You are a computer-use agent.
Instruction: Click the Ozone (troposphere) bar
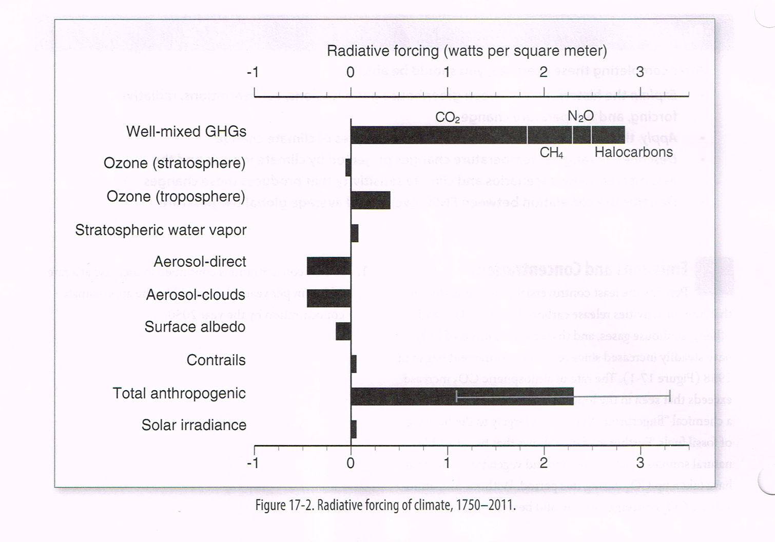[370, 200]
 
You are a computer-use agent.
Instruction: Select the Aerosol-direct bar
[328, 266]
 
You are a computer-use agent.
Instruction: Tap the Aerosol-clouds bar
[328, 298]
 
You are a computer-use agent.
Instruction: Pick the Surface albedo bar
[343, 331]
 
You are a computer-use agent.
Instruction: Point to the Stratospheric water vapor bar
[354, 233]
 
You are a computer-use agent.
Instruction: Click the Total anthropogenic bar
[462, 396]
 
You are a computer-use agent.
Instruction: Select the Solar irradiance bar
[354, 429]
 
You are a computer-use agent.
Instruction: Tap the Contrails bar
[354, 364]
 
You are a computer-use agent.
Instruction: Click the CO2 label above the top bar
[447, 118]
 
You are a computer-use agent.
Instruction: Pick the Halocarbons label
[633, 152]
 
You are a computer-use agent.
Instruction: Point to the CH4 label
[551, 153]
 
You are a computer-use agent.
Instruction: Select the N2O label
[580, 117]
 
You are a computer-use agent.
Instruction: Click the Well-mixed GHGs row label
[186, 131]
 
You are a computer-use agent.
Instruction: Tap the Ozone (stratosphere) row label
[175, 163]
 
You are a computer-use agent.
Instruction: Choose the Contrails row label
[216, 360]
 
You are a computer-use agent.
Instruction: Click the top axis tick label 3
[640, 72]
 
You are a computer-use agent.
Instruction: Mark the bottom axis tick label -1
[253, 463]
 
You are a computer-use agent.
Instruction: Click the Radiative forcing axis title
[467, 51]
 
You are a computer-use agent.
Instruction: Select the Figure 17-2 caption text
[385, 505]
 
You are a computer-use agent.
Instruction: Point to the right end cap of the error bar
[670, 396]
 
